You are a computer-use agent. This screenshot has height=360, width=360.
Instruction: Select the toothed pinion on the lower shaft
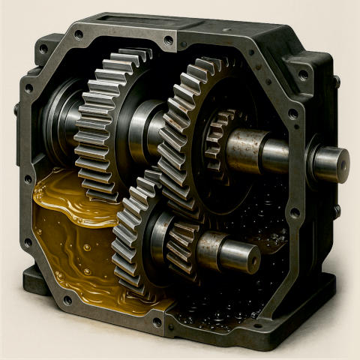coord(180,247)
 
